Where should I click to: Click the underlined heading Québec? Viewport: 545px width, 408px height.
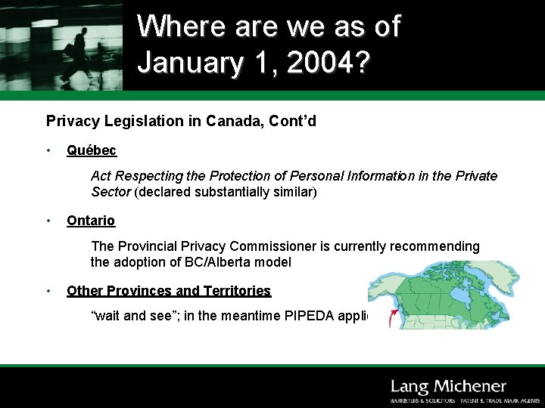pyautogui.click(x=92, y=150)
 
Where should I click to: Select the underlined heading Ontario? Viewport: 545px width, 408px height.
pyautogui.click(x=91, y=221)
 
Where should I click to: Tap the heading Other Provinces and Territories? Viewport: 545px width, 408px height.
pyautogui.click(x=169, y=291)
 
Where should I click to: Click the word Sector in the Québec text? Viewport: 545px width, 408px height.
pyautogui.click(x=111, y=192)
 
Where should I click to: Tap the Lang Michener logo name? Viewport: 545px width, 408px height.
pyautogui.click(x=448, y=387)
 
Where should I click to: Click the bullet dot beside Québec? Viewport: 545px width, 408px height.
pyautogui.click(x=48, y=150)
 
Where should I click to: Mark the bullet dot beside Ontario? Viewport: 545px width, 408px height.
pyautogui.click(x=48, y=221)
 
